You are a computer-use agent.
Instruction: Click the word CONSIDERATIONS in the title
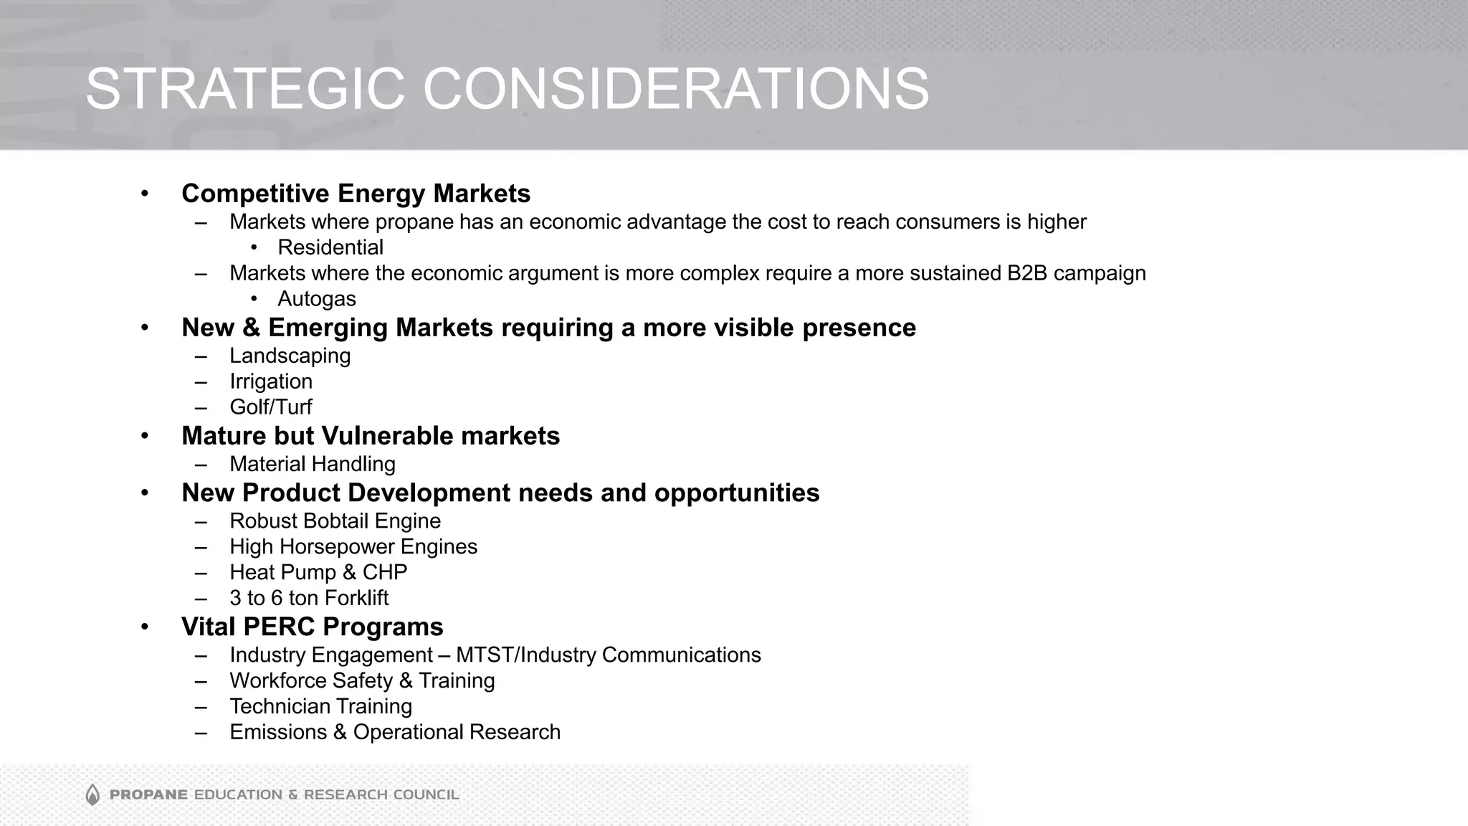(x=675, y=89)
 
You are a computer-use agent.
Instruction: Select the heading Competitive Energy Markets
(x=356, y=194)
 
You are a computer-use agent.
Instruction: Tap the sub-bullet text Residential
(x=330, y=247)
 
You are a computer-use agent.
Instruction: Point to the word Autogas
(x=317, y=299)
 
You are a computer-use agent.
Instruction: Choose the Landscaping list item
(x=290, y=356)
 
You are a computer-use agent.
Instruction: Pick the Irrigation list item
(x=271, y=381)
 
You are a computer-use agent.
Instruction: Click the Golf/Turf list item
(x=271, y=407)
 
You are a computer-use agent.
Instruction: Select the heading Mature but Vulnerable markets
(x=371, y=436)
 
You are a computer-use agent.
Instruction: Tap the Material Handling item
(x=313, y=464)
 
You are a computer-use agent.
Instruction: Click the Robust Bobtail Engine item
(x=335, y=521)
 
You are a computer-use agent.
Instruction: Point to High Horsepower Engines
(x=353, y=547)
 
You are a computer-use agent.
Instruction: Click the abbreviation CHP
(x=385, y=572)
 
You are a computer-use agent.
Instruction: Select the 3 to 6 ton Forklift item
(x=309, y=598)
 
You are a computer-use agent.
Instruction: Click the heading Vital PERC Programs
(x=313, y=627)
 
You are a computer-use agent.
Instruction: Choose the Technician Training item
(x=320, y=707)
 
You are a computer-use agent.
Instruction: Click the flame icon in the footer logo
(x=92, y=794)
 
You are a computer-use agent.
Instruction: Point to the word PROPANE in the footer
(x=148, y=794)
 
